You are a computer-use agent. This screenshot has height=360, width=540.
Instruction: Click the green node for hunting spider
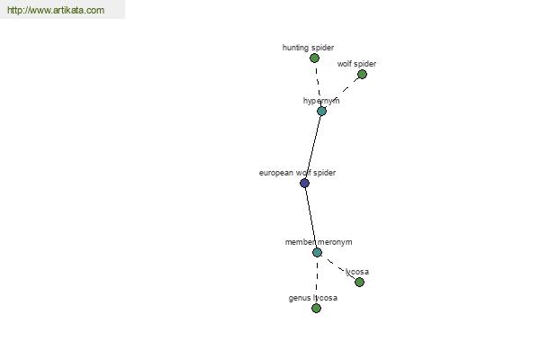[x=314, y=58]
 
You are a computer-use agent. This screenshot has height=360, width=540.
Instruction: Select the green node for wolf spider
[x=362, y=74]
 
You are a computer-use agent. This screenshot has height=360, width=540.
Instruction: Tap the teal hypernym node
[x=321, y=111]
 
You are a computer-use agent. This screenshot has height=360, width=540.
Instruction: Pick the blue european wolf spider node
[x=304, y=183]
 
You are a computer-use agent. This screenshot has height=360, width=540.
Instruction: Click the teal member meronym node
[x=317, y=252]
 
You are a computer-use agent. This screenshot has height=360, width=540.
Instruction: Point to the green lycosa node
[x=359, y=282]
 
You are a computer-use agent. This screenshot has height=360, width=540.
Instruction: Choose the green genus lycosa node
[x=316, y=308]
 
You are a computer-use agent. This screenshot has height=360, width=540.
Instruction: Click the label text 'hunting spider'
[x=308, y=48]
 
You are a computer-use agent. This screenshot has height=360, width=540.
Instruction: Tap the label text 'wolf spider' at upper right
[x=356, y=64]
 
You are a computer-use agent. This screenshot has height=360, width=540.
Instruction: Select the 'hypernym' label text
[x=321, y=101]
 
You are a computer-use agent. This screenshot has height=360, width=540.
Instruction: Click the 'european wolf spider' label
[x=297, y=173]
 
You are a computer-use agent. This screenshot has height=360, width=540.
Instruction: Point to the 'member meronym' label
[x=319, y=242]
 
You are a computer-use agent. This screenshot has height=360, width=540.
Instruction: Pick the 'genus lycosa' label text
[x=312, y=298]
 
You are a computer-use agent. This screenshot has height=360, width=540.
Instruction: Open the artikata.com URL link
[x=56, y=10]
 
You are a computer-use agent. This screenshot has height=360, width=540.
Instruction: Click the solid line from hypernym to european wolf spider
[x=313, y=147]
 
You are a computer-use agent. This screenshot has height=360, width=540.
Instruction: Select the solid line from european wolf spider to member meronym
[x=311, y=218]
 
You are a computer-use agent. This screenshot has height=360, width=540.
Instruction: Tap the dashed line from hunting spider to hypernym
[x=318, y=85]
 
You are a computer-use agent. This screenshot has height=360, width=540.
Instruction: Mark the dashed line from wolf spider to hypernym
[x=342, y=93]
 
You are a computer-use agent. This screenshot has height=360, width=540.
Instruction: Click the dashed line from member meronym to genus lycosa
[x=317, y=280]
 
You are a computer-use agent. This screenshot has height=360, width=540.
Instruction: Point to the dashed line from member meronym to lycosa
[x=338, y=267]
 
